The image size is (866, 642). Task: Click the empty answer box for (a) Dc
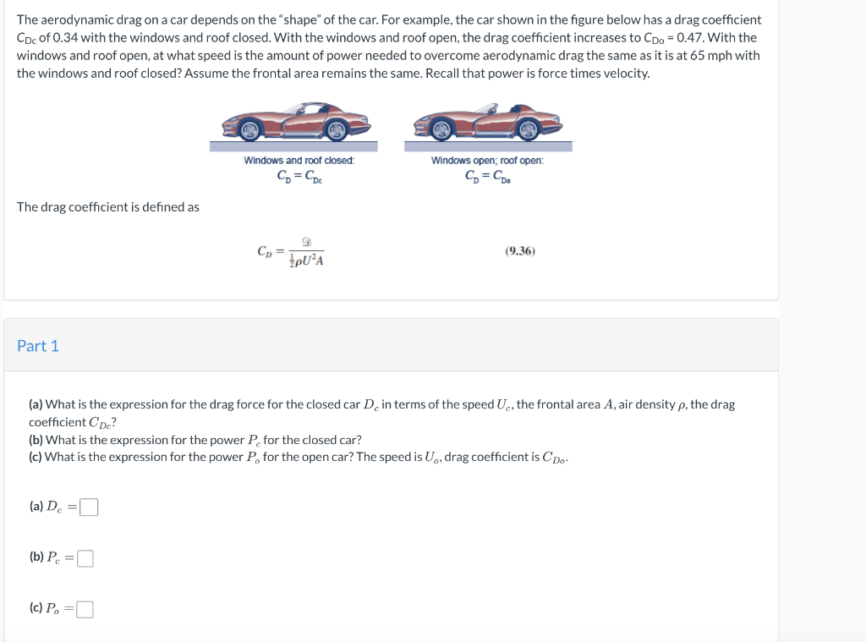[89, 508]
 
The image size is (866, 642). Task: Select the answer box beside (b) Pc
[85, 558]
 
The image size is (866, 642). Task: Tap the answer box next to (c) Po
[85, 610]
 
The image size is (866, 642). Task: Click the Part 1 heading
[38, 346]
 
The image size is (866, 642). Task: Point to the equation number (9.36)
[519, 251]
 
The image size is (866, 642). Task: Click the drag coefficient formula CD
[291, 252]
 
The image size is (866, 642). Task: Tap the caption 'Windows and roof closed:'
[299, 161]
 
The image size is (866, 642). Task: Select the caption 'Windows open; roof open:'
[487, 161]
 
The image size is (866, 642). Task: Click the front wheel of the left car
[249, 129]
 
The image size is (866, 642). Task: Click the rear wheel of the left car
[337, 129]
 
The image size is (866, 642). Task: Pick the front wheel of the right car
[441, 129]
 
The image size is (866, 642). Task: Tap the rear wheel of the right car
[529, 129]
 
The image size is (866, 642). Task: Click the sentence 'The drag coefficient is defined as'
[108, 207]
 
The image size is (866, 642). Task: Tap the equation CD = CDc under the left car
[299, 177]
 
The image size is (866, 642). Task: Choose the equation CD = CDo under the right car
[488, 177]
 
